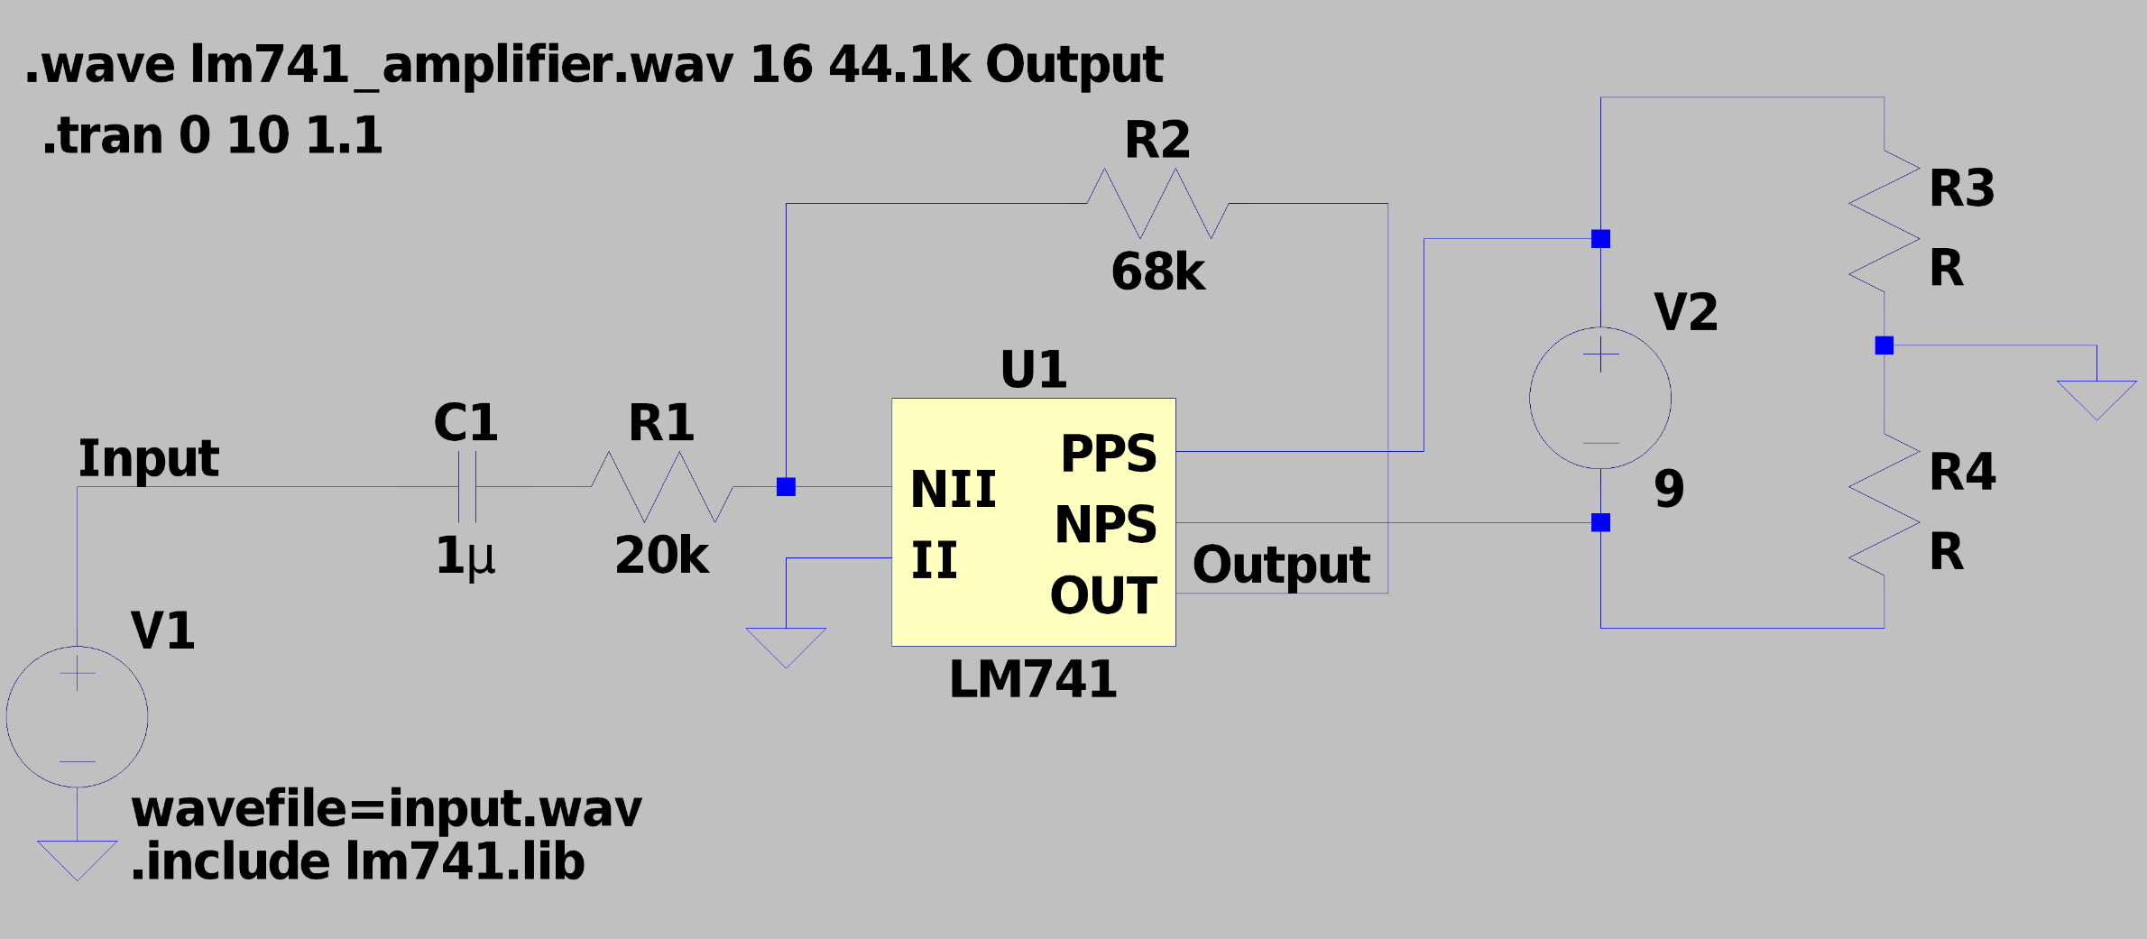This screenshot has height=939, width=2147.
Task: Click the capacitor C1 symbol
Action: [466, 487]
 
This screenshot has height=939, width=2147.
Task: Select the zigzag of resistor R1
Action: [662, 487]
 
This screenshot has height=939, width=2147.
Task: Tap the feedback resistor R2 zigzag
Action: [1157, 204]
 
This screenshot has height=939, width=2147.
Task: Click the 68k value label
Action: [1157, 272]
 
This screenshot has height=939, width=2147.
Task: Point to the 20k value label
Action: [661, 556]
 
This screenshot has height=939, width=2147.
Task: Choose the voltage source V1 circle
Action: [78, 716]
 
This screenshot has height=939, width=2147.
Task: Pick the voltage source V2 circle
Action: [1600, 398]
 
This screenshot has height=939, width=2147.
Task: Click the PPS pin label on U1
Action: [1108, 453]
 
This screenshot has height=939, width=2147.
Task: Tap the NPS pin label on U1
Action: [1105, 524]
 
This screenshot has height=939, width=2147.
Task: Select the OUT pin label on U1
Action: [1103, 595]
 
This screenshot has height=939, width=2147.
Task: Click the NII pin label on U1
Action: [953, 489]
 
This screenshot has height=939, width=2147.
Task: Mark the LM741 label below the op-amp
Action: [1033, 679]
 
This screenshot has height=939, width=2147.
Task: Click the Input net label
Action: [148, 458]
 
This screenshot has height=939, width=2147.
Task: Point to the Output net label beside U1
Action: [1281, 566]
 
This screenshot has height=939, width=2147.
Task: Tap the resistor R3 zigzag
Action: [1884, 221]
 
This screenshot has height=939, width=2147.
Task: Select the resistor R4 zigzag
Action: [1884, 505]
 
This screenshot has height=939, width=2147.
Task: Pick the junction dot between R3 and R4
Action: [1884, 345]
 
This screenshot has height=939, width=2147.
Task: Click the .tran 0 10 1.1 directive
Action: [213, 135]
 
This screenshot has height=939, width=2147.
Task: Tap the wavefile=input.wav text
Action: [386, 808]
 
